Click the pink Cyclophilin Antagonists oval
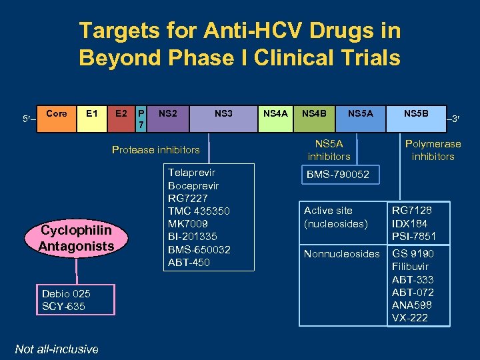pos(77,239)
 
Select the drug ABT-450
pos(189,262)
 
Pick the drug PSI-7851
pos(414,237)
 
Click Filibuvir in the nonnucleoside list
pos(410,267)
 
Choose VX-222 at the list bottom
pos(410,318)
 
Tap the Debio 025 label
pos(66,294)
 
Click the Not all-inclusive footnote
pos(57,349)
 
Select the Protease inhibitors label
pos(155,149)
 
